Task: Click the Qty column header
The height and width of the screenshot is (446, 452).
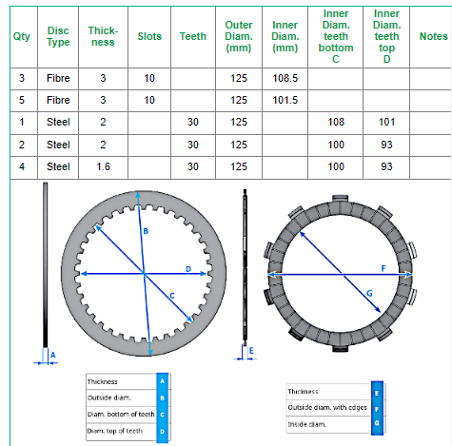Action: (22, 36)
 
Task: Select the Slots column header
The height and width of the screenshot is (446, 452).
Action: (149, 36)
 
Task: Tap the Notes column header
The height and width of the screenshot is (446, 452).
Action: (433, 36)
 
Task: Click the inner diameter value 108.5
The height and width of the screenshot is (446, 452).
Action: (285, 78)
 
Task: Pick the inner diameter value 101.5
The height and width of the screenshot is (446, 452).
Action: (285, 100)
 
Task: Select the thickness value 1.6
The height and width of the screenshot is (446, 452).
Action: (103, 166)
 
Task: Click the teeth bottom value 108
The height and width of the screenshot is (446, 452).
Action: (336, 122)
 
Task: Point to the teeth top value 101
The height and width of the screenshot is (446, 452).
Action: (386, 122)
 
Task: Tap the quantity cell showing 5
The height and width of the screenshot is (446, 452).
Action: (22, 100)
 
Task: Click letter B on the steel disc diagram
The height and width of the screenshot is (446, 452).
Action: (146, 231)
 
